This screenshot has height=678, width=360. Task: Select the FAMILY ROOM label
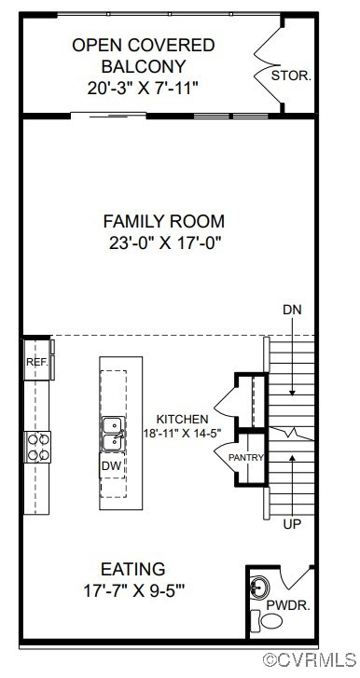click(163, 221)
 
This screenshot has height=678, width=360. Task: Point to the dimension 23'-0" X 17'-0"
click(163, 242)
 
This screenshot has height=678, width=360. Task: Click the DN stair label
click(292, 310)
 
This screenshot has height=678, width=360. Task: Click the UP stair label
click(292, 525)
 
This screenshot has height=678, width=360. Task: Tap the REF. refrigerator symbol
click(36, 361)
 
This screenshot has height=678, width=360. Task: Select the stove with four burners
click(37, 446)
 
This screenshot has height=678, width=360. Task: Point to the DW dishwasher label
click(111, 464)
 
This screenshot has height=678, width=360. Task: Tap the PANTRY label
click(246, 458)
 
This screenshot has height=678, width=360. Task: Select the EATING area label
click(133, 569)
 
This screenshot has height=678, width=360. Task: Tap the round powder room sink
click(260, 588)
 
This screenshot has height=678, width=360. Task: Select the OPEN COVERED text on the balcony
click(143, 45)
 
